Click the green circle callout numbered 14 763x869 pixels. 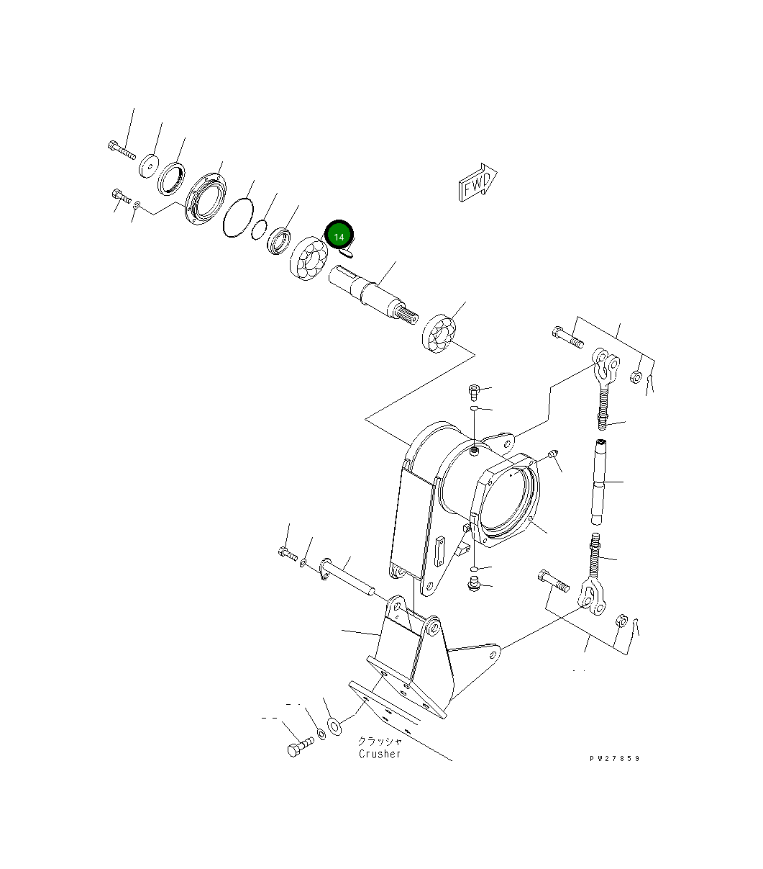[x=339, y=235]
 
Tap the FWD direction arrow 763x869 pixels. [x=477, y=184]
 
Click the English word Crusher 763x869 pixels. [x=380, y=753]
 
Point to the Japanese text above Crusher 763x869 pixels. [x=380, y=740]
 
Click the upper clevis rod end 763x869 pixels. [x=604, y=367]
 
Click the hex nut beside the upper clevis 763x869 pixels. [x=636, y=377]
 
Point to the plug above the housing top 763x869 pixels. [x=474, y=391]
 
